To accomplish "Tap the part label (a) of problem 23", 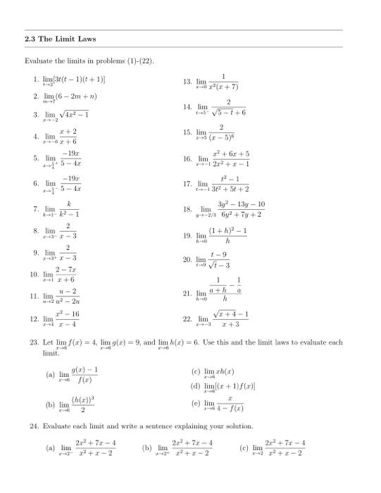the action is tap(50, 375).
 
